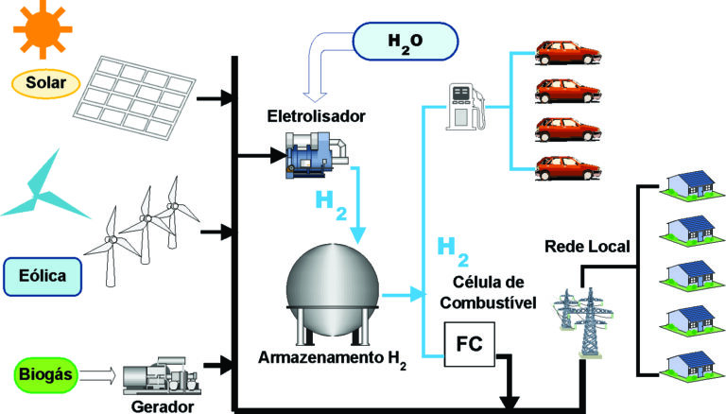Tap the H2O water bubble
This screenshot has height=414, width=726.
point(405,43)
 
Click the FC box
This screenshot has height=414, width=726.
point(469,344)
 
